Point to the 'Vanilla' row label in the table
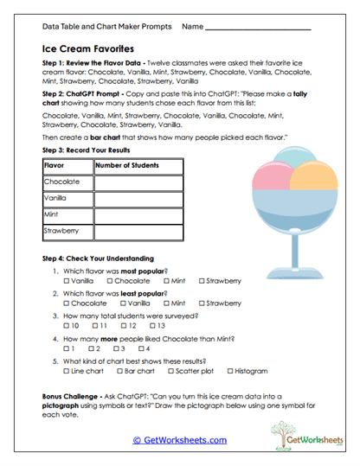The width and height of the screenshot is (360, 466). pos(56,199)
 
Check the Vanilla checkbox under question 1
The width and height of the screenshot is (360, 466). pos(67,281)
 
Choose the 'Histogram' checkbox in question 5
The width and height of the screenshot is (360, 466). pos(228,371)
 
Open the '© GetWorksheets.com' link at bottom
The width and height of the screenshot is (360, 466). pos(179,440)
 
